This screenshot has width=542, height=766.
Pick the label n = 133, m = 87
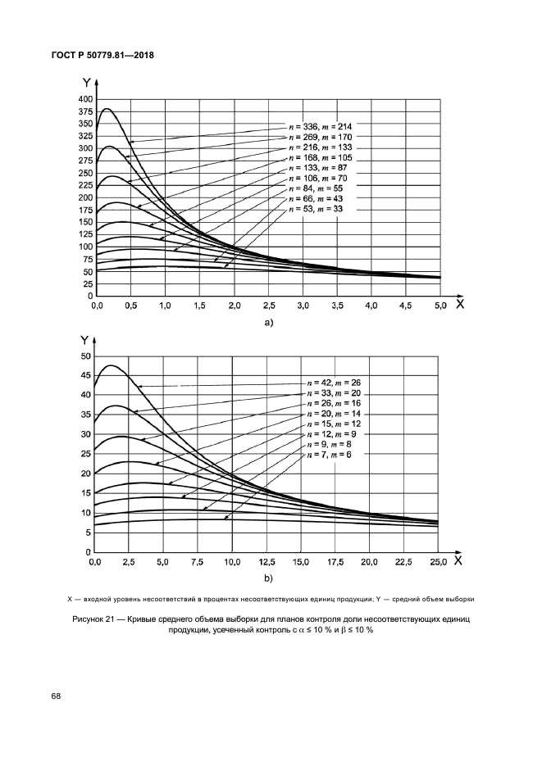pos(316,168)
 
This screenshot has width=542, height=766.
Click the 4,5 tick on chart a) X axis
pos(405,306)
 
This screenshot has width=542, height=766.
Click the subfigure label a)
pos(267,323)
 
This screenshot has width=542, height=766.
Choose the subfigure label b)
pos(267,579)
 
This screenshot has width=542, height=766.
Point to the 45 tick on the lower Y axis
pos(85,375)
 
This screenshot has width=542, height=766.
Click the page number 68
pos(56,696)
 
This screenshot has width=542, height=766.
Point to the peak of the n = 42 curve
pos(108,365)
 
